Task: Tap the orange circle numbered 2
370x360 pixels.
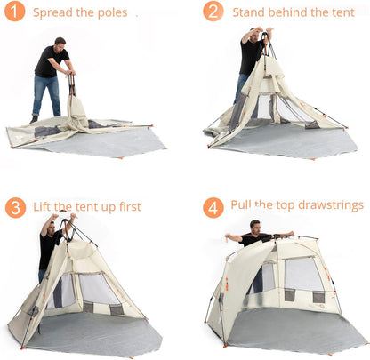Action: tap(213, 12)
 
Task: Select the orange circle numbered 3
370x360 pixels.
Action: tap(15, 207)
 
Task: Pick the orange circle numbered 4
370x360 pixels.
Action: tap(213, 207)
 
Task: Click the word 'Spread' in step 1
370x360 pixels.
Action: tap(52, 13)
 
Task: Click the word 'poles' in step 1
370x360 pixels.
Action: tap(113, 13)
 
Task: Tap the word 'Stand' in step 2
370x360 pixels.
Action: tap(248, 12)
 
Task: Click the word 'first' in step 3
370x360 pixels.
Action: tap(126, 207)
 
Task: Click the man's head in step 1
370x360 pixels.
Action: tap(60, 42)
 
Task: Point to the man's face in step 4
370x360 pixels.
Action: tap(255, 227)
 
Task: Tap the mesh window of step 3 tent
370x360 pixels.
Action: tap(96, 287)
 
